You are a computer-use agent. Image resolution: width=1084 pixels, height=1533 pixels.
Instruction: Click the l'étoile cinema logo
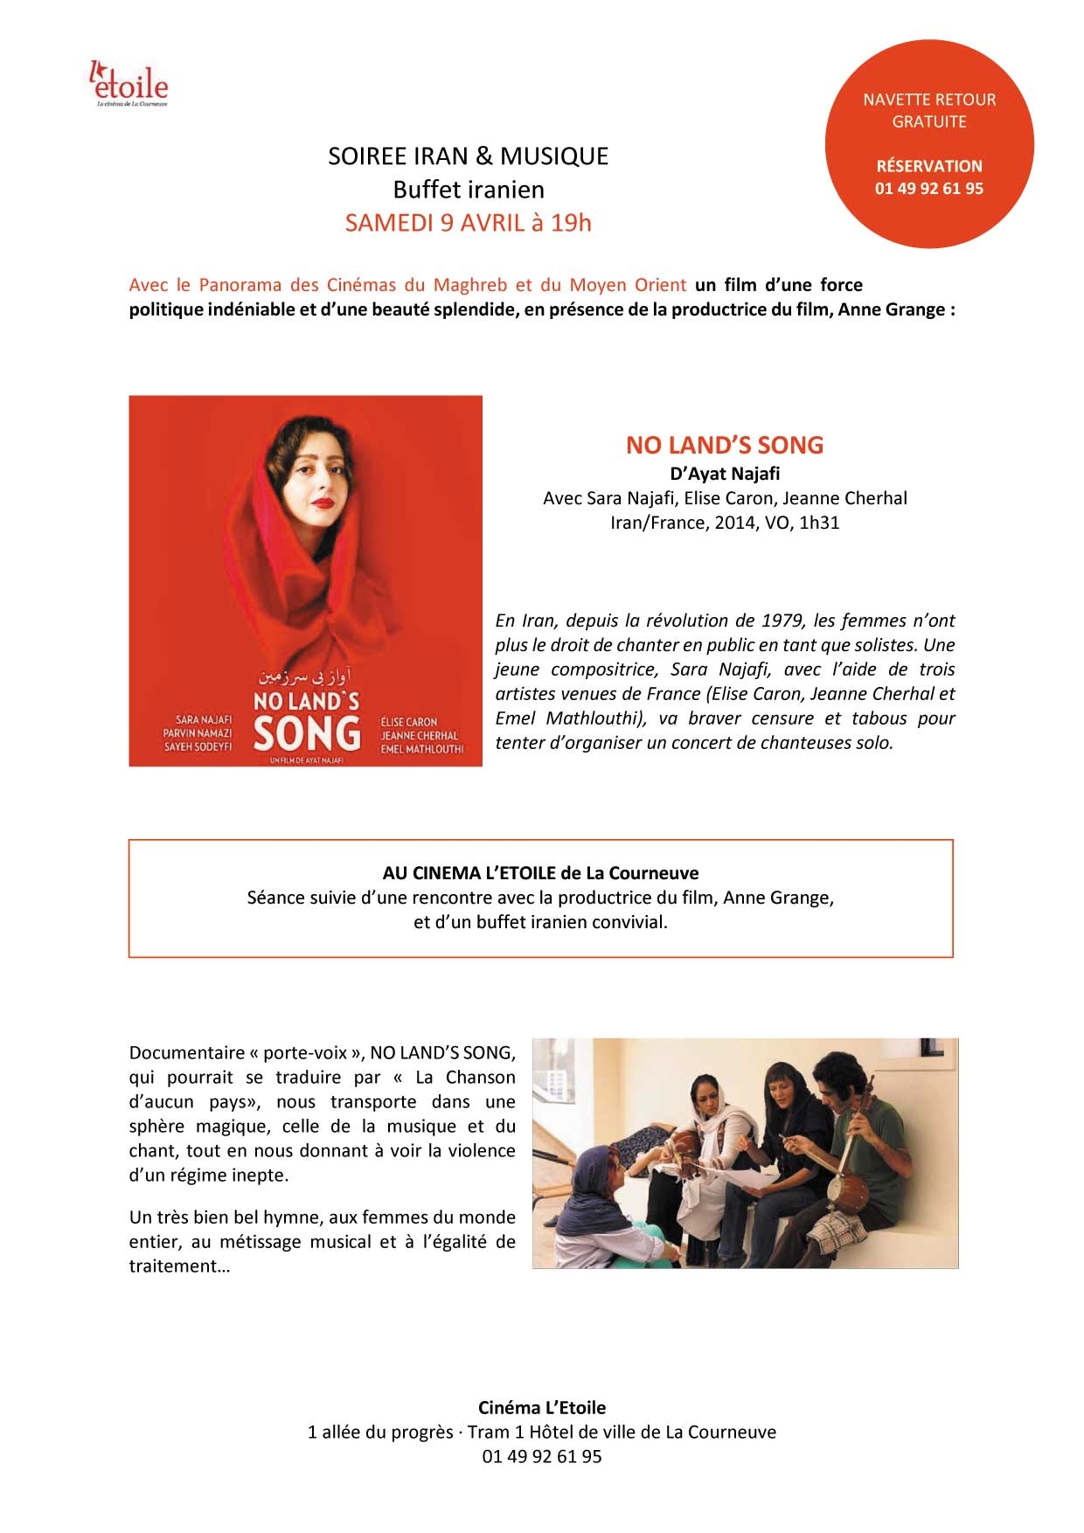pyautogui.click(x=129, y=84)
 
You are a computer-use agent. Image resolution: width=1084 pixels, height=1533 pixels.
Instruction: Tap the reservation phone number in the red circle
pyautogui.click(x=929, y=189)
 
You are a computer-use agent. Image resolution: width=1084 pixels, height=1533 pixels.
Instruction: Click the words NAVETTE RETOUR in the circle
pyautogui.click(x=929, y=100)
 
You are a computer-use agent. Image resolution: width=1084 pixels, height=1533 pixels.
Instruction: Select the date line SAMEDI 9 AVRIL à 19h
pyautogui.click(x=469, y=223)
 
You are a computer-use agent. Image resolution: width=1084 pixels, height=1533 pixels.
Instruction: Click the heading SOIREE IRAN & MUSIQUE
pyautogui.click(x=469, y=156)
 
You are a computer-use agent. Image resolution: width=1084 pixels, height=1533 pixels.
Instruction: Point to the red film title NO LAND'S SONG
pyautogui.click(x=725, y=445)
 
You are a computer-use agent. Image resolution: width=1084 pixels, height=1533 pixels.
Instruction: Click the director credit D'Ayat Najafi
pyautogui.click(x=725, y=474)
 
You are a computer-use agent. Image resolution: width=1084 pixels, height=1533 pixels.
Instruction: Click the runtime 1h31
pyautogui.click(x=819, y=523)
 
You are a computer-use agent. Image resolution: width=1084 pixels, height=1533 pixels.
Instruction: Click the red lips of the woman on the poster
pyautogui.click(x=323, y=503)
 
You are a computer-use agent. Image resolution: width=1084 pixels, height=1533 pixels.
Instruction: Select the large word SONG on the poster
pyautogui.click(x=307, y=734)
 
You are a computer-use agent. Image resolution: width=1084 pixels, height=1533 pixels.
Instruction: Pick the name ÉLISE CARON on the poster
pyautogui.click(x=409, y=722)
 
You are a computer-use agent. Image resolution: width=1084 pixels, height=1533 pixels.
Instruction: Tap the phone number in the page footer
pyautogui.click(x=542, y=1457)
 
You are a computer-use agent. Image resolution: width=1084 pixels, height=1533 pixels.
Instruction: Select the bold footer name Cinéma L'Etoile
pyautogui.click(x=542, y=1408)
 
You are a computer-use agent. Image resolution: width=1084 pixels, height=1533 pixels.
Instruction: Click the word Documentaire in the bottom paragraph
pyautogui.click(x=187, y=1053)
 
